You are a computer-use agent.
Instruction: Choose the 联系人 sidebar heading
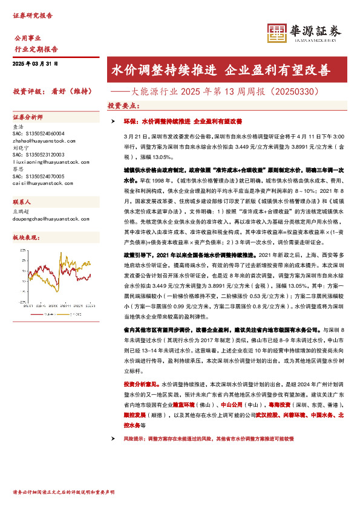tap(23, 201)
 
